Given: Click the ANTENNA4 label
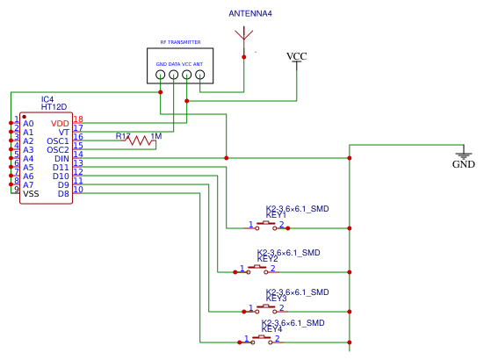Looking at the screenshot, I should click(x=250, y=14).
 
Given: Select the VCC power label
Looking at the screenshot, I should click(x=297, y=57).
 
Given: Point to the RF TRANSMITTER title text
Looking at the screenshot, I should click(x=180, y=42).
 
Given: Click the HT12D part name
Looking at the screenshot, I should click(x=54, y=106).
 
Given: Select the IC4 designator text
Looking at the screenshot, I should click(x=47, y=98).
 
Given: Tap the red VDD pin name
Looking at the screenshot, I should click(x=60, y=124).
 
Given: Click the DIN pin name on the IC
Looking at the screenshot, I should click(x=61, y=159).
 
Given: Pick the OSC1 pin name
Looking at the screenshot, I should click(x=58, y=141).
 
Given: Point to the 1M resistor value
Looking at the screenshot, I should click(x=156, y=136).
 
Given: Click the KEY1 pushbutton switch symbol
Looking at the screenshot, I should click(x=267, y=227).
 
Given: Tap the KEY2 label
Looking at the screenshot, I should click(x=267, y=259).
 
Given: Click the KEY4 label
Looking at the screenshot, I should click(x=271, y=329).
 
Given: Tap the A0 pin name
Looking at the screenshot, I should click(x=28, y=124).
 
